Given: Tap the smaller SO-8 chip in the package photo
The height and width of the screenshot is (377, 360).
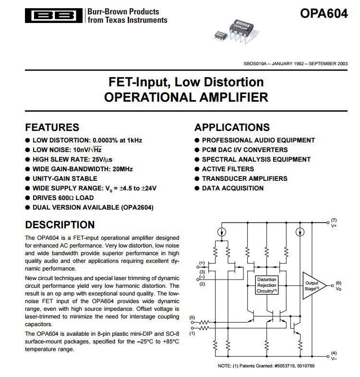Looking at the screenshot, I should point(220,35).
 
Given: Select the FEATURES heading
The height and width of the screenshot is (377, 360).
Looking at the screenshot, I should point(52,128).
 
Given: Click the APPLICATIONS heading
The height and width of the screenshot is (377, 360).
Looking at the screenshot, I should point(232,128).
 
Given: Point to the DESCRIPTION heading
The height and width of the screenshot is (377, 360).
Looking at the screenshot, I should point(60,225).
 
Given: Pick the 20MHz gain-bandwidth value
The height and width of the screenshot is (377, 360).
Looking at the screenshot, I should point(122,169).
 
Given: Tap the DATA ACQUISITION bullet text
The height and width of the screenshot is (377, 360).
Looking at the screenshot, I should point(232,188).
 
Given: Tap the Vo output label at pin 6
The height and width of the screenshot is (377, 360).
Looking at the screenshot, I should point(338,289).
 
